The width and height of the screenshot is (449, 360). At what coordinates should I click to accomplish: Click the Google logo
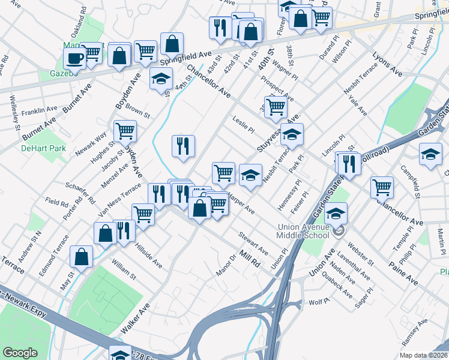click(x=20, y=353)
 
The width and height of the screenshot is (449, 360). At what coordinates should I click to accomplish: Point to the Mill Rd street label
click(x=249, y=259)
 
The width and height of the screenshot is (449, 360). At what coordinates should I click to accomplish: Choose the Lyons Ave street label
click(x=387, y=63)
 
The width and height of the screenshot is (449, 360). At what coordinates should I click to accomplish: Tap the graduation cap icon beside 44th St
click(x=160, y=79)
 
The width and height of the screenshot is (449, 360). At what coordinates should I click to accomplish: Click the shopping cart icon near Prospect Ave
click(x=276, y=106)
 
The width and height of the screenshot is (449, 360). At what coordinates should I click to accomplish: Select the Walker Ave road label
click(x=135, y=317)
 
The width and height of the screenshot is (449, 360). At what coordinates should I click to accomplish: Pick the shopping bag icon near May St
click(x=82, y=256)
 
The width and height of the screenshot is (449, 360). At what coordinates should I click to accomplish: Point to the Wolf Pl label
click(x=316, y=302)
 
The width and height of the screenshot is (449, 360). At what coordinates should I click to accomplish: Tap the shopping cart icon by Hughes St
click(x=125, y=130)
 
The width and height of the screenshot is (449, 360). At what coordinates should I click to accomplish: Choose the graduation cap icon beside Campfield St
click(x=430, y=154)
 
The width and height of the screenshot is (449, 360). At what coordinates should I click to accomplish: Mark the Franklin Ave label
click(x=39, y=111)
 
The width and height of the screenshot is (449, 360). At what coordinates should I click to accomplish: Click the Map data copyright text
click(x=423, y=355)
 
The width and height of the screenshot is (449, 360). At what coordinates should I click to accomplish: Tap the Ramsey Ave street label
click(x=414, y=331)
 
